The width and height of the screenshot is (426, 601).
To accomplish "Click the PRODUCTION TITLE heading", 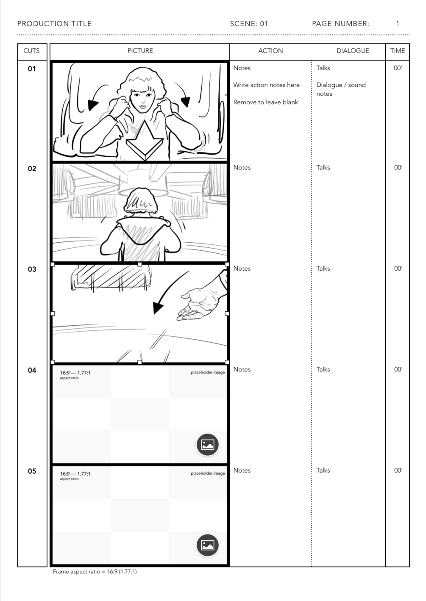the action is (55, 24).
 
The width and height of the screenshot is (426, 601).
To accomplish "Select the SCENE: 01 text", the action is (249, 24).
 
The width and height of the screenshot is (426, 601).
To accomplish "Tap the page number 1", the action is (398, 24).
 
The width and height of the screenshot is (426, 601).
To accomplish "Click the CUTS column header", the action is (31, 51).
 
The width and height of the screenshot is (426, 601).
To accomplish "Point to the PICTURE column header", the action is (140, 51).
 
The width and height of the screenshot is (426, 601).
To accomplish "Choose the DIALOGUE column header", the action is (353, 51).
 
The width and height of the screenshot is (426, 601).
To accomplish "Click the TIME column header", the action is (398, 51).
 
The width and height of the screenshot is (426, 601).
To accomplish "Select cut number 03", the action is (32, 269).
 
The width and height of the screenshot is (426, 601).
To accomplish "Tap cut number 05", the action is (32, 471).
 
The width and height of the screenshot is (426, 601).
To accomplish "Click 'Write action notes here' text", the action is (266, 85).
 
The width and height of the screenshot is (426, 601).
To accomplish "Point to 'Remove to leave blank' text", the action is (265, 102).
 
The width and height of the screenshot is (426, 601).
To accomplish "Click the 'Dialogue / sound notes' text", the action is (341, 89).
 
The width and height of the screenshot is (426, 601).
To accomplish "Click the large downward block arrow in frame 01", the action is (145, 141).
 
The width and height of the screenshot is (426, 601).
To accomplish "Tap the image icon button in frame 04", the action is (207, 445).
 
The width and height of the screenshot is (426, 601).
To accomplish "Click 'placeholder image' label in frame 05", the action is (208, 473).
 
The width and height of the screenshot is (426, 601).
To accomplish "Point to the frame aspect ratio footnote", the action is (95, 571).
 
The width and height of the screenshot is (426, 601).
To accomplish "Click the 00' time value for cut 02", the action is (398, 168).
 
